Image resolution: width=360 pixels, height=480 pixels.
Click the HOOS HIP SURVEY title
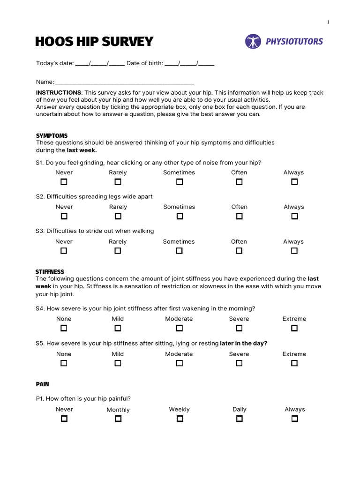click(94, 42)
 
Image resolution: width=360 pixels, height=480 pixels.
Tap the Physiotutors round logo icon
click(253, 41)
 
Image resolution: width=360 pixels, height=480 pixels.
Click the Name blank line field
click(125, 82)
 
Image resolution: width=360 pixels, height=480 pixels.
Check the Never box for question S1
click(64, 182)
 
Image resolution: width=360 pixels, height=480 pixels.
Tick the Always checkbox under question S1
click(294, 182)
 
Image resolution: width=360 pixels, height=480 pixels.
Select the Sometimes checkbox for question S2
click(179, 216)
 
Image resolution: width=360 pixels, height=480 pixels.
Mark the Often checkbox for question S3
click(239, 251)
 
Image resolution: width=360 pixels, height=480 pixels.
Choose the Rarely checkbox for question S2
click(118, 216)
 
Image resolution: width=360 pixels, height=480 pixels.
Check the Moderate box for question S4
click(179, 328)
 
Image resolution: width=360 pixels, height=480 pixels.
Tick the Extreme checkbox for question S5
click(294, 363)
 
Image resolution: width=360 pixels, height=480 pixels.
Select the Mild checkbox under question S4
click(118, 328)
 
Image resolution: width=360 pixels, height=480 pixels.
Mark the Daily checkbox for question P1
click(239, 419)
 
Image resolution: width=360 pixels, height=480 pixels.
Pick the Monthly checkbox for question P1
click(118, 419)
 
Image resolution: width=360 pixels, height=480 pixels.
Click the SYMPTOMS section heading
click(52, 136)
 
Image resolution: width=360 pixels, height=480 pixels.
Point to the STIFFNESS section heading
click(50, 272)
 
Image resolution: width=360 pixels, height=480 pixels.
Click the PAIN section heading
click(43, 384)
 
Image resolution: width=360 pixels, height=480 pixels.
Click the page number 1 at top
click(328, 22)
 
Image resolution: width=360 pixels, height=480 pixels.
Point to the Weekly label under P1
click(179, 409)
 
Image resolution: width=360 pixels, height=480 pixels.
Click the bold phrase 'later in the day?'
click(244, 343)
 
